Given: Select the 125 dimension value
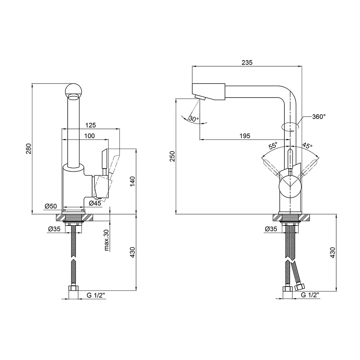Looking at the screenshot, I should [91, 125].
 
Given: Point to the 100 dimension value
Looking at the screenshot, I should [89, 136].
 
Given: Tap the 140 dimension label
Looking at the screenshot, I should [132, 181].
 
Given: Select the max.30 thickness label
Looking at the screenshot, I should [107, 240].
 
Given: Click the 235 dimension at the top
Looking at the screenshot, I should [247, 62].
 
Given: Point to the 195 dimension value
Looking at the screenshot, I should [245, 136].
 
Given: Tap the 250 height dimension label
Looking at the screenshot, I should [172, 157].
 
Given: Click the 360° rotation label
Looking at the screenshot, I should [319, 117].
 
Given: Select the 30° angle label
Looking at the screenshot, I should [193, 119].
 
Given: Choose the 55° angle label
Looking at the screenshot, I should [273, 146].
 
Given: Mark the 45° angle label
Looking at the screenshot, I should [307, 146].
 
